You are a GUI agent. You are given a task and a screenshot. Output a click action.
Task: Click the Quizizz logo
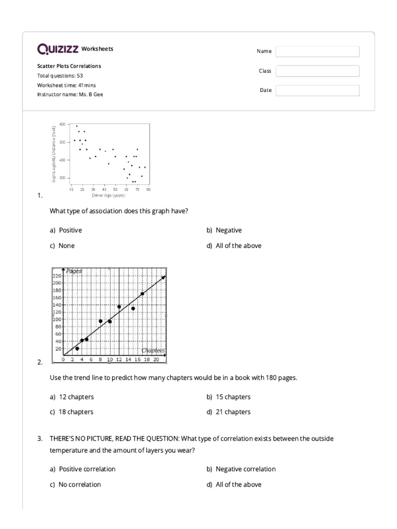point(57,49)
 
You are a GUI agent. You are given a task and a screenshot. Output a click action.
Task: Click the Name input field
point(317,51)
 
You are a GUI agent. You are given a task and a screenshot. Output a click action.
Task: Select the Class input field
point(317,71)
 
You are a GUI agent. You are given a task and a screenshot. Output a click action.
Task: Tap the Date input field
point(317,90)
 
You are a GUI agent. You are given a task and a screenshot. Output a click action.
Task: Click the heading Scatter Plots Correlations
point(69,66)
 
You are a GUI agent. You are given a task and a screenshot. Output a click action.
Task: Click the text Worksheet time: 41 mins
point(66,85)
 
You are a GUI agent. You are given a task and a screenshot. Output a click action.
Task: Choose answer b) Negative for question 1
point(224,230)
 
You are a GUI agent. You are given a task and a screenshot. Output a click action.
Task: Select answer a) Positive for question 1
point(66,230)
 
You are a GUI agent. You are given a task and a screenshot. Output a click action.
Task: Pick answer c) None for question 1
point(62,246)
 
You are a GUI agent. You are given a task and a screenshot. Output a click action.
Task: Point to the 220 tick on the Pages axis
point(57,276)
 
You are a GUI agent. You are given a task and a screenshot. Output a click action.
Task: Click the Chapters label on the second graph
point(153,350)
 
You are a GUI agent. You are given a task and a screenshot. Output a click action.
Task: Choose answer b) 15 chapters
point(228,397)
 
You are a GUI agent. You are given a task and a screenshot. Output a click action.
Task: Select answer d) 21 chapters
point(228,412)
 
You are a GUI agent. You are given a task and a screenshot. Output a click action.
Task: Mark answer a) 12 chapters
point(72,397)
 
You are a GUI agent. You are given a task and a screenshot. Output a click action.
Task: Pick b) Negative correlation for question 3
point(241,469)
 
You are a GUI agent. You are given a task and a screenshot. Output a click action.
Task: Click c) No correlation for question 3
point(75,485)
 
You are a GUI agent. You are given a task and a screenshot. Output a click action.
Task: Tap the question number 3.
point(40,439)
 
